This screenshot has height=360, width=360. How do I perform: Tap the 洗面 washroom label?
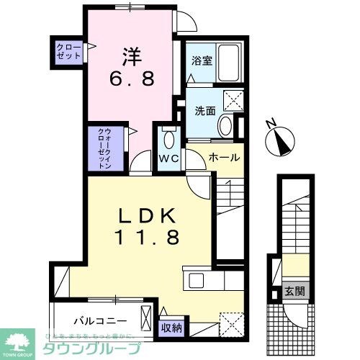coord(204,111)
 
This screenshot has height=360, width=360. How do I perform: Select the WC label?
coord(169,158)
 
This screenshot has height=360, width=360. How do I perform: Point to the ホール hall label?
coord(224,157)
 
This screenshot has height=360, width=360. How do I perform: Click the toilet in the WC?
coord(169,139)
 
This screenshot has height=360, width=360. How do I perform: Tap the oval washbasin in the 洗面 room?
coord(225,127)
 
